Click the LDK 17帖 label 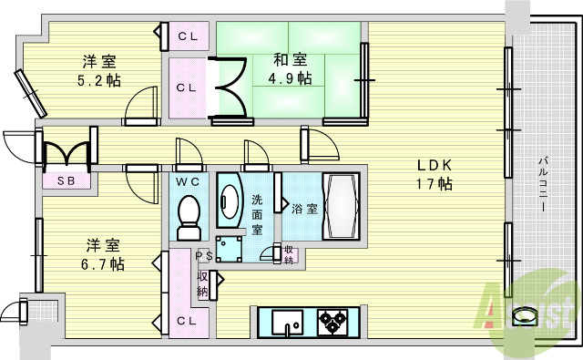click(x=435, y=174)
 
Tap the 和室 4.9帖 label click(x=291, y=69)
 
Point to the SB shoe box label click(x=67, y=180)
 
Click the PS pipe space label click(x=203, y=257)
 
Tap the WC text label click(x=188, y=181)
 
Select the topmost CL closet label click(x=189, y=36)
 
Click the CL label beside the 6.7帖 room click(x=187, y=320)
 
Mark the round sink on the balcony click(x=526, y=316)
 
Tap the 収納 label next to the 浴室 click(x=288, y=255)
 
